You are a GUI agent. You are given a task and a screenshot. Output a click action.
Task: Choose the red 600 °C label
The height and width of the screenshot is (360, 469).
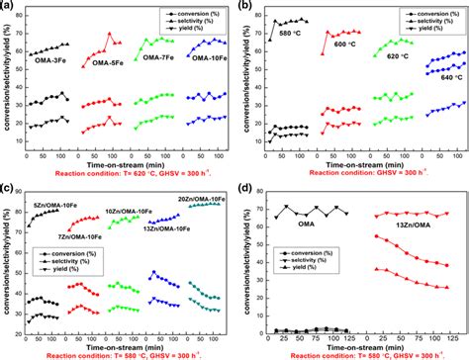point(346,45)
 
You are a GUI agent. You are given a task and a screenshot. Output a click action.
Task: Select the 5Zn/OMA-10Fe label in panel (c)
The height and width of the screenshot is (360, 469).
point(49,206)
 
